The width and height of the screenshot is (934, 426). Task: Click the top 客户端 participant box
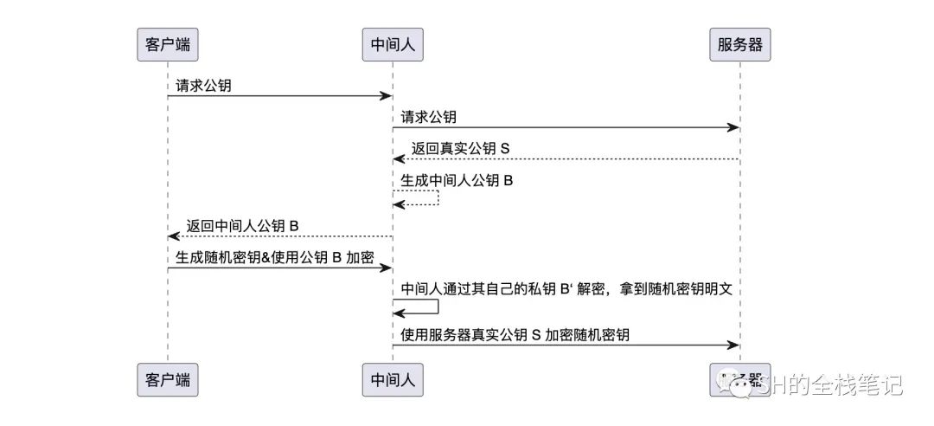(x=168, y=45)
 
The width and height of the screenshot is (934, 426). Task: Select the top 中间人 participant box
(x=393, y=45)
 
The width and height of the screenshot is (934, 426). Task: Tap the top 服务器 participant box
(x=739, y=45)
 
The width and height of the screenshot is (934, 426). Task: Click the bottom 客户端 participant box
(x=168, y=379)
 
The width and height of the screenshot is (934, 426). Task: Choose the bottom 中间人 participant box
(x=393, y=379)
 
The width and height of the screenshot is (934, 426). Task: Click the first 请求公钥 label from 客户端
(x=203, y=86)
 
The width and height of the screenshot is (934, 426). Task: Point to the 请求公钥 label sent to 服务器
(x=428, y=117)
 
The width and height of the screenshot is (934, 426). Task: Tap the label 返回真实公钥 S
(x=461, y=149)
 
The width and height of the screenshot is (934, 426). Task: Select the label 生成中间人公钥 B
(x=457, y=181)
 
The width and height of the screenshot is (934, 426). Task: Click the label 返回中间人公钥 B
(x=243, y=226)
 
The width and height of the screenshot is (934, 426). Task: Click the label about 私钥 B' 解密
(x=566, y=289)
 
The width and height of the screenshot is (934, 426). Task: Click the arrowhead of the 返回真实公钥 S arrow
(x=398, y=159)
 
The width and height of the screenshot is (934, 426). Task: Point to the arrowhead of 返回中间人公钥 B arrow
(x=173, y=236)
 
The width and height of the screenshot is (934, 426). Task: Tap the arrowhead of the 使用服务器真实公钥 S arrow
(x=734, y=345)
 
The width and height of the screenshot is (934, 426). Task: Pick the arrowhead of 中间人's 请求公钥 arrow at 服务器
(x=734, y=127)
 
